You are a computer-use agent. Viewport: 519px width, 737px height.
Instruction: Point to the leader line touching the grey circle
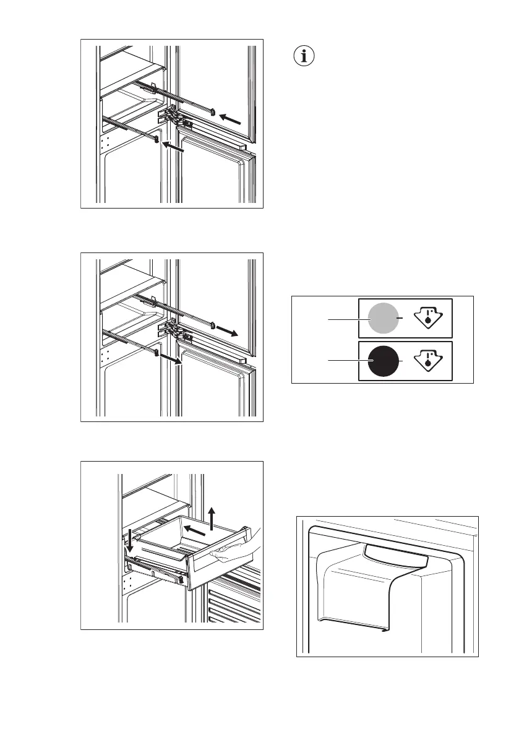(x=346, y=319)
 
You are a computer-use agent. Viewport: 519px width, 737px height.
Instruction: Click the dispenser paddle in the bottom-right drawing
(x=396, y=557)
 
